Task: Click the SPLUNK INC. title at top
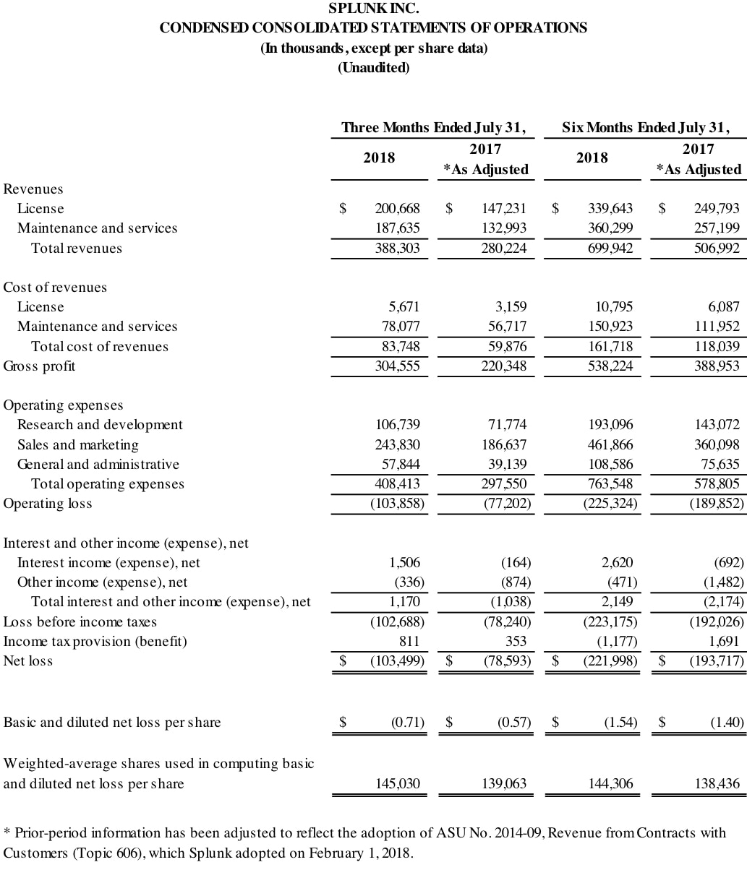pyautogui.click(x=373, y=9)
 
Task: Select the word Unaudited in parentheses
pyautogui.click(x=373, y=68)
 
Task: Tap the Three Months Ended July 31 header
pyautogui.click(x=433, y=128)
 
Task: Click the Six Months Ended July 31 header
pyautogui.click(x=645, y=128)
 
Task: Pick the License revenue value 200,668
pyautogui.click(x=397, y=209)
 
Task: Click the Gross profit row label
pyautogui.click(x=39, y=366)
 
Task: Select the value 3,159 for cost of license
pyautogui.click(x=510, y=307)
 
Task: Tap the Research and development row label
pyautogui.click(x=100, y=425)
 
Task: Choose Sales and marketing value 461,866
pyautogui.click(x=611, y=445)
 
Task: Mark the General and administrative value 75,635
pyautogui.click(x=717, y=465)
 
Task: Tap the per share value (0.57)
pyautogui.click(x=513, y=723)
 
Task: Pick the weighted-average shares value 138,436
pyautogui.click(x=717, y=784)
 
